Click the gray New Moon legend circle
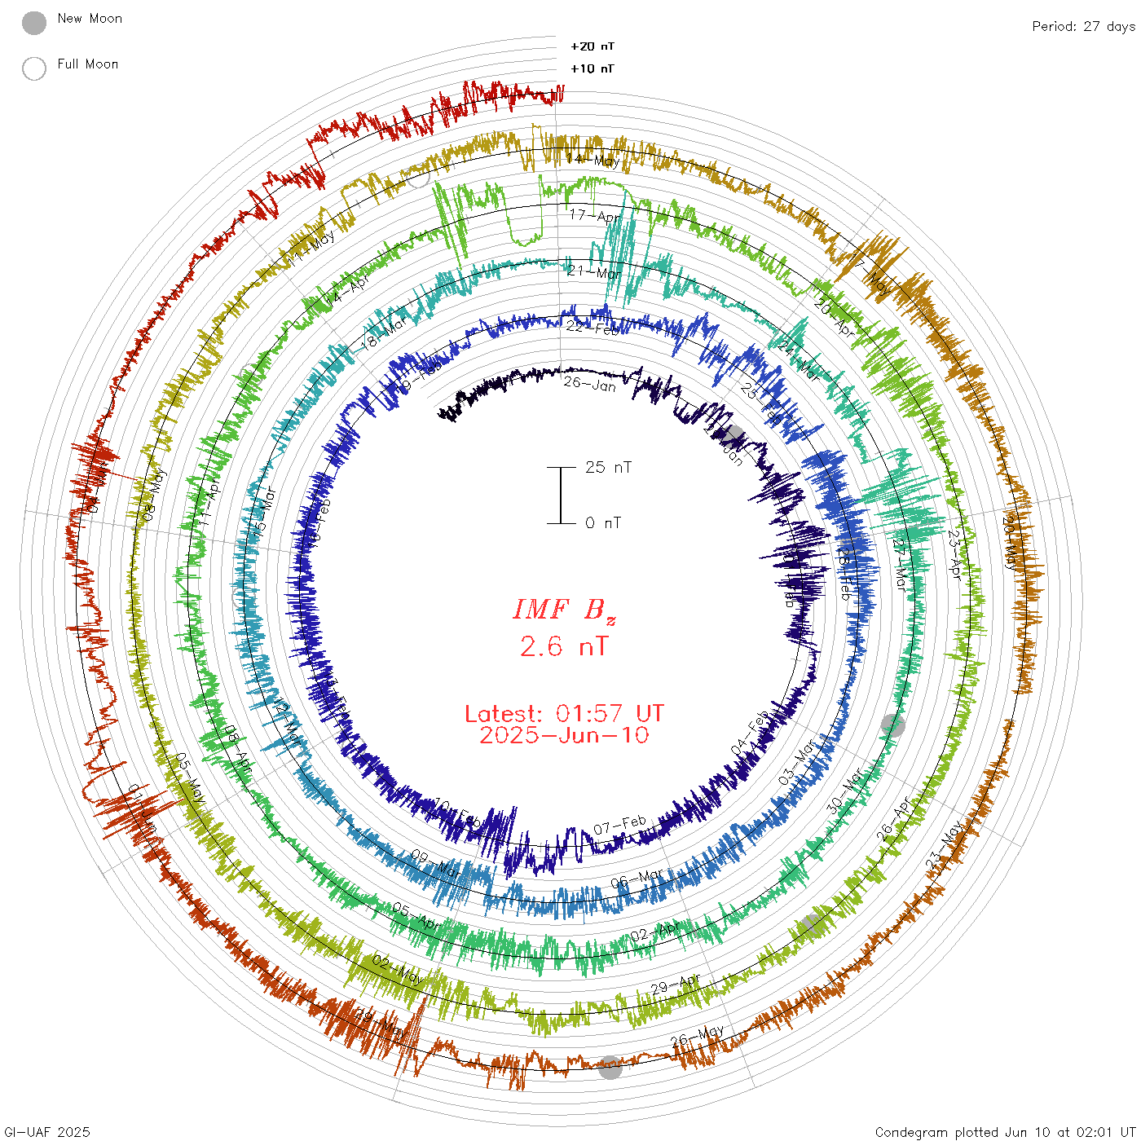coord(34,23)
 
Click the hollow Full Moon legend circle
coord(34,68)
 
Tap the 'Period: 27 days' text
coord(1083,26)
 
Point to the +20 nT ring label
coord(593,46)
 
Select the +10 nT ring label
coord(593,68)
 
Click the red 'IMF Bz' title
coord(564,610)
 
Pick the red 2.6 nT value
coord(564,646)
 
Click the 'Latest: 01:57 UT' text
coord(564,714)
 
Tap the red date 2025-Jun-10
coord(564,735)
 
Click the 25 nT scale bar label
coord(608,468)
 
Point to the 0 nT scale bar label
coord(603,523)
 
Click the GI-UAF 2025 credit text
coord(47,1131)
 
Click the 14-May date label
coord(593,160)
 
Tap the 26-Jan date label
coord(590,383)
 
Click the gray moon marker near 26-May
coord(610,1067)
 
